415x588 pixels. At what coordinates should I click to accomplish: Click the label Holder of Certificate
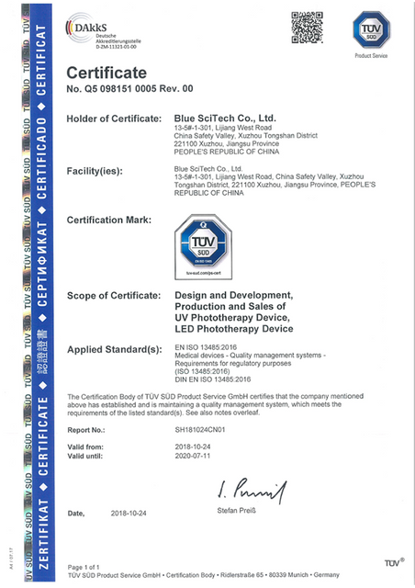pyautogui.click(x=115, y=119)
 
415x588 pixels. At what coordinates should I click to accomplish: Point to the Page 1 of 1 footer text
pyautogui.click(x=84, y=566)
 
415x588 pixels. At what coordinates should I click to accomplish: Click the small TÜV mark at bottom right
pyautogui.click(x=393, y=561)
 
